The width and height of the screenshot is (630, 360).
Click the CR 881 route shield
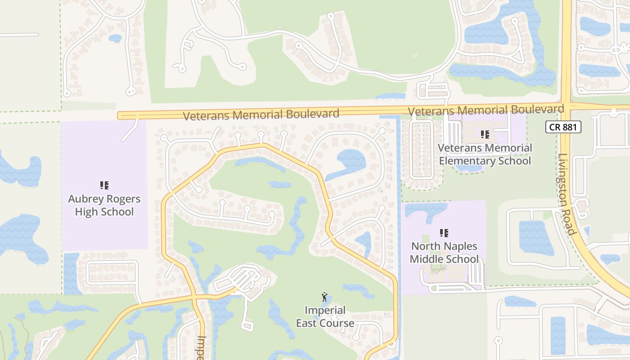(563, 127)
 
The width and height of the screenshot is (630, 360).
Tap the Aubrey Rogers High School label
(104, 205)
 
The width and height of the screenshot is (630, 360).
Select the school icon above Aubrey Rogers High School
(104, 185)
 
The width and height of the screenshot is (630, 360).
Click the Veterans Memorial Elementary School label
(485, 154)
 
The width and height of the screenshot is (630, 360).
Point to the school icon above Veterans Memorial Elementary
(485, 134)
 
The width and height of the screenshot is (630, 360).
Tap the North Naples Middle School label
(444, 252)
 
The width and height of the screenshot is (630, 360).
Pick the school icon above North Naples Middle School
(444, 233)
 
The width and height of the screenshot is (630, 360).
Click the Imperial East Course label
(325, 316)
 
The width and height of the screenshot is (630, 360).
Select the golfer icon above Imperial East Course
(324, 297)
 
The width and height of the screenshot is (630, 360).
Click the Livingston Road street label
(567, 195)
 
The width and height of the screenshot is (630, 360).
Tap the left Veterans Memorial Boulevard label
(261, 115)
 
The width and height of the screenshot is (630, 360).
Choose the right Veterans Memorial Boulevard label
(486, 110)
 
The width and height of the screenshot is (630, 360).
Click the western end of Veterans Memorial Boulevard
(120, 116)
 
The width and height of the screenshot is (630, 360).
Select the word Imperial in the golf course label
(325, 310)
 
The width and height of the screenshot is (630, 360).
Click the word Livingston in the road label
(564, 183)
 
